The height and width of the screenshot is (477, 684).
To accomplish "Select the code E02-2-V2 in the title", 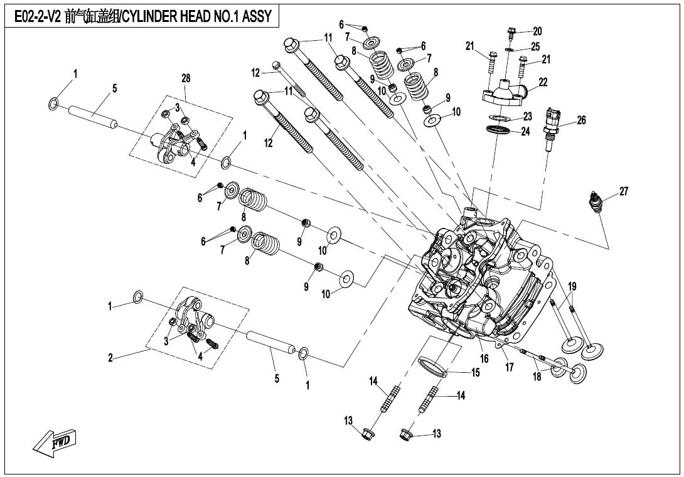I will point(38,17).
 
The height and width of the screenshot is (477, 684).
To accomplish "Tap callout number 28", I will point(186,78).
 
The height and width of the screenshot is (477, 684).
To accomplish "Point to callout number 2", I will point(110,358).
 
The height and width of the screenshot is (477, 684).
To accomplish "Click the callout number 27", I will point(623,192).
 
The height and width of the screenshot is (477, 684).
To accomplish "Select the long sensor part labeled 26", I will point(553,129).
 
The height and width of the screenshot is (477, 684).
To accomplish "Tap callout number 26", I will point(581,121).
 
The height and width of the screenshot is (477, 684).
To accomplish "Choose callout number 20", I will point(537,31).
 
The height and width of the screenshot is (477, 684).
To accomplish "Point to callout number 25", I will point(535,46).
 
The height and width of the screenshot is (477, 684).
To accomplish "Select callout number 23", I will point(528,116).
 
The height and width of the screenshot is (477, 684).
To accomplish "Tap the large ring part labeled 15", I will point(432,367).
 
